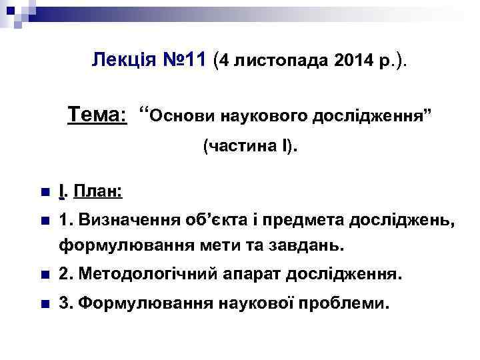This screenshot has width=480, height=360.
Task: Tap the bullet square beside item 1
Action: click(x=44, y=221)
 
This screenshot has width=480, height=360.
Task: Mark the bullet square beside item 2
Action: click(x=44, y=275)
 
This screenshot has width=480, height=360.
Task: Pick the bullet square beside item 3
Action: click(x=44, y=304)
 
